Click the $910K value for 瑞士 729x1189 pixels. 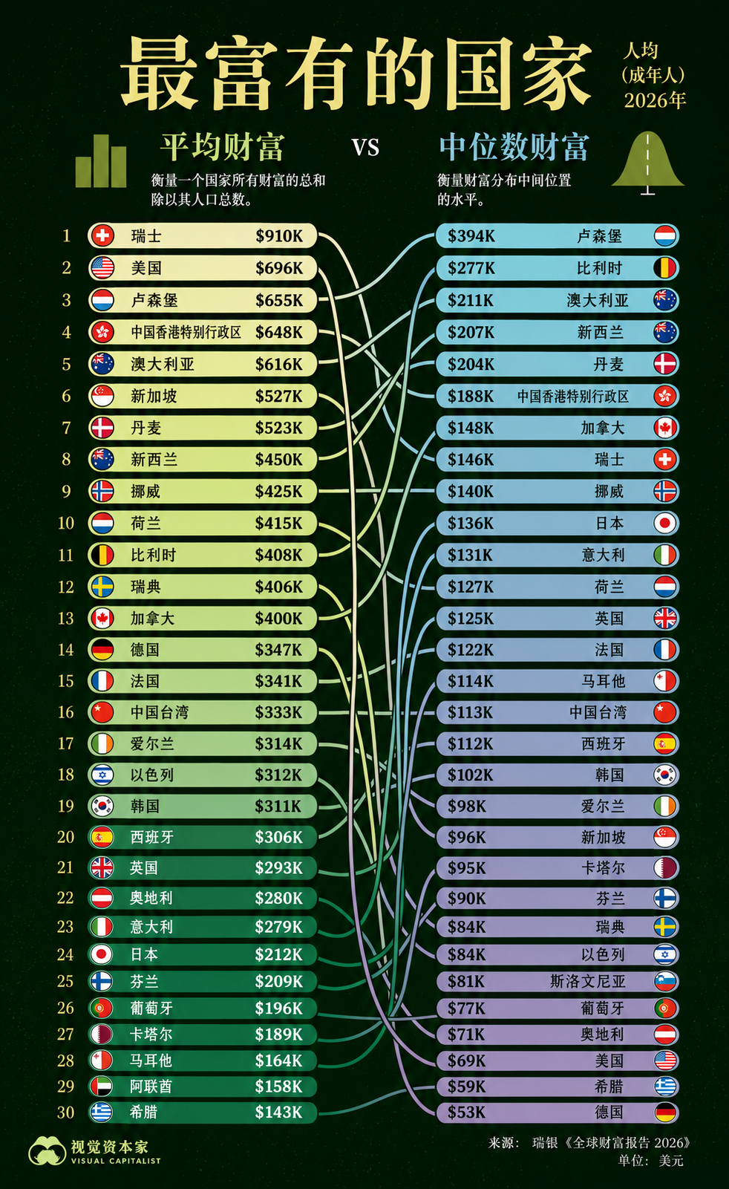point(279,235)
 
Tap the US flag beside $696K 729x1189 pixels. point(102,267)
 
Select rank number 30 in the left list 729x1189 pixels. point(65,1112)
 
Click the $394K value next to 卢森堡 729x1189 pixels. point(471,235)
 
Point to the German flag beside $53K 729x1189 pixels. point(665,1112)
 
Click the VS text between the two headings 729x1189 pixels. point(365,148)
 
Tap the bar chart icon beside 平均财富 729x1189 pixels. point(101,160)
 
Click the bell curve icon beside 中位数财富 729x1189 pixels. point(648,163)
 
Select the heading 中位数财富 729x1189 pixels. point(514,147)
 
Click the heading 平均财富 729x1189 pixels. point(222,147)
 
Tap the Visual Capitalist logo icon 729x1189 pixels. point(48,1151)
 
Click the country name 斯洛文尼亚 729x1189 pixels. point(588,981)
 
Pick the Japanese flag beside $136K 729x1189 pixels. point(665,524)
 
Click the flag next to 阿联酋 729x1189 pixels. point(102,1086)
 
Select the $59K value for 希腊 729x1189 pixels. point(466,1086)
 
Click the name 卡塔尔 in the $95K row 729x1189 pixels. point(603,868)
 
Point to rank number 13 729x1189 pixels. point(65,619)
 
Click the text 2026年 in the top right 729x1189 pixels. point(655,100)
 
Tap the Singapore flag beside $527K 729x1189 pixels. point(102,396)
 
